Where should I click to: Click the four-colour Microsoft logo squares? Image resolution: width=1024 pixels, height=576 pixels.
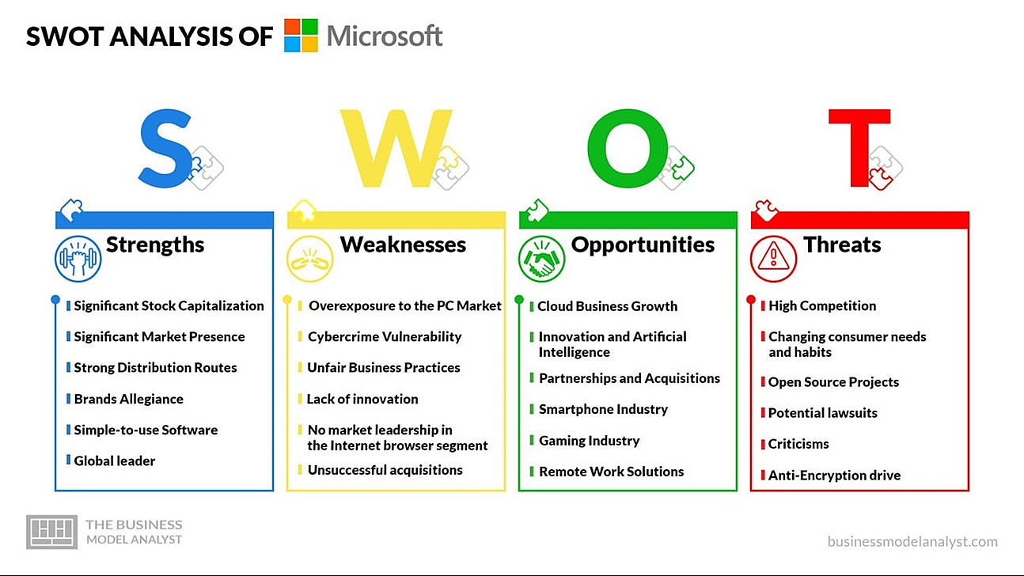click(301, 35)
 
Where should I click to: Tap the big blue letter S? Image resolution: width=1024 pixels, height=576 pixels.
click(165, 148)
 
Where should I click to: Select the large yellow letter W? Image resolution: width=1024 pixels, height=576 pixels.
click(396, 148)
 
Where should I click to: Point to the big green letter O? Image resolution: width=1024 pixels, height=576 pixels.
click(628, 148)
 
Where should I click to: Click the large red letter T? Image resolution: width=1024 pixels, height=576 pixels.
click(859, 148)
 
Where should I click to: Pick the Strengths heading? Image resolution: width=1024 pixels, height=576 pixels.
click(155, 245)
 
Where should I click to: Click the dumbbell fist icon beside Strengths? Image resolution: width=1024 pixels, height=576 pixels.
click(78, 259)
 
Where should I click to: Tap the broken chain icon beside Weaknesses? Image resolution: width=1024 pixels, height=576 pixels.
click(310, 259)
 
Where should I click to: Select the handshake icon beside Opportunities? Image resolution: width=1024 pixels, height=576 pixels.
click(542, 259)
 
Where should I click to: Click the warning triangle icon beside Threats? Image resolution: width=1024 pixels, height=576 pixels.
click(773, 259)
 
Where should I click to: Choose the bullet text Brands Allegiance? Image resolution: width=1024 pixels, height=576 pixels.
click(128, 399)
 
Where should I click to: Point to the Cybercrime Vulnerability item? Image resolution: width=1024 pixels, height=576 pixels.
click(385, 337)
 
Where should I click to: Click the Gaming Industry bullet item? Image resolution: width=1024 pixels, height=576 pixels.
click(590, 441)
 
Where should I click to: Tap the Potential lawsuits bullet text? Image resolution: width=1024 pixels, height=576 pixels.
click(822, 413)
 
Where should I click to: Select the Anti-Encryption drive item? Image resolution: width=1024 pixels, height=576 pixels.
click(834, 476)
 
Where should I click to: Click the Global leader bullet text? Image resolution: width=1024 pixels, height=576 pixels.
click(114, 460)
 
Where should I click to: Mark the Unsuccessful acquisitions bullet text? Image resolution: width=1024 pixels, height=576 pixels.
click(385, 470)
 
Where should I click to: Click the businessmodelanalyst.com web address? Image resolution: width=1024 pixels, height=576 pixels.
click(912, 542)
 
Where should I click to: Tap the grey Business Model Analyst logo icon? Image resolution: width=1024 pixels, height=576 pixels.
click(51, 532)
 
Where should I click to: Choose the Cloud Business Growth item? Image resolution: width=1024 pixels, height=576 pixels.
click(607, 306)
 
